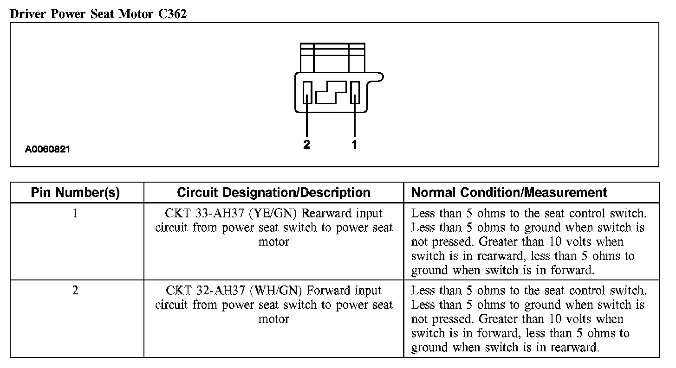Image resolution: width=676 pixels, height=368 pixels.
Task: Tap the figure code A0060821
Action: point(48,150)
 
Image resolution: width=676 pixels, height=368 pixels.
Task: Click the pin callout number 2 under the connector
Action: point(306,145)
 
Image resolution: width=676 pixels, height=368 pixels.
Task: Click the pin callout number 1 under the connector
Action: point(354,145)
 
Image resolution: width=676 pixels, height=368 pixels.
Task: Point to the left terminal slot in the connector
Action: point(307,92)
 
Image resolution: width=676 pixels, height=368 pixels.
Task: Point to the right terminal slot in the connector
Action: point(355,92)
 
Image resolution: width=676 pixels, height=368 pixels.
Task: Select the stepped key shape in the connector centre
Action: point(331,93)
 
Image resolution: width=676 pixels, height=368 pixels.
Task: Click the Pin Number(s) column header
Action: point(76,193)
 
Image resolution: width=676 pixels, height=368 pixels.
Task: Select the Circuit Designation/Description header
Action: point(273,193)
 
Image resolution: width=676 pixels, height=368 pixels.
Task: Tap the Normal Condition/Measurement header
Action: point(509,193)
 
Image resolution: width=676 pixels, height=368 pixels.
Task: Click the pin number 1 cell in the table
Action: point(76,214)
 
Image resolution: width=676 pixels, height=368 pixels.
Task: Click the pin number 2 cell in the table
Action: point(76,291)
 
